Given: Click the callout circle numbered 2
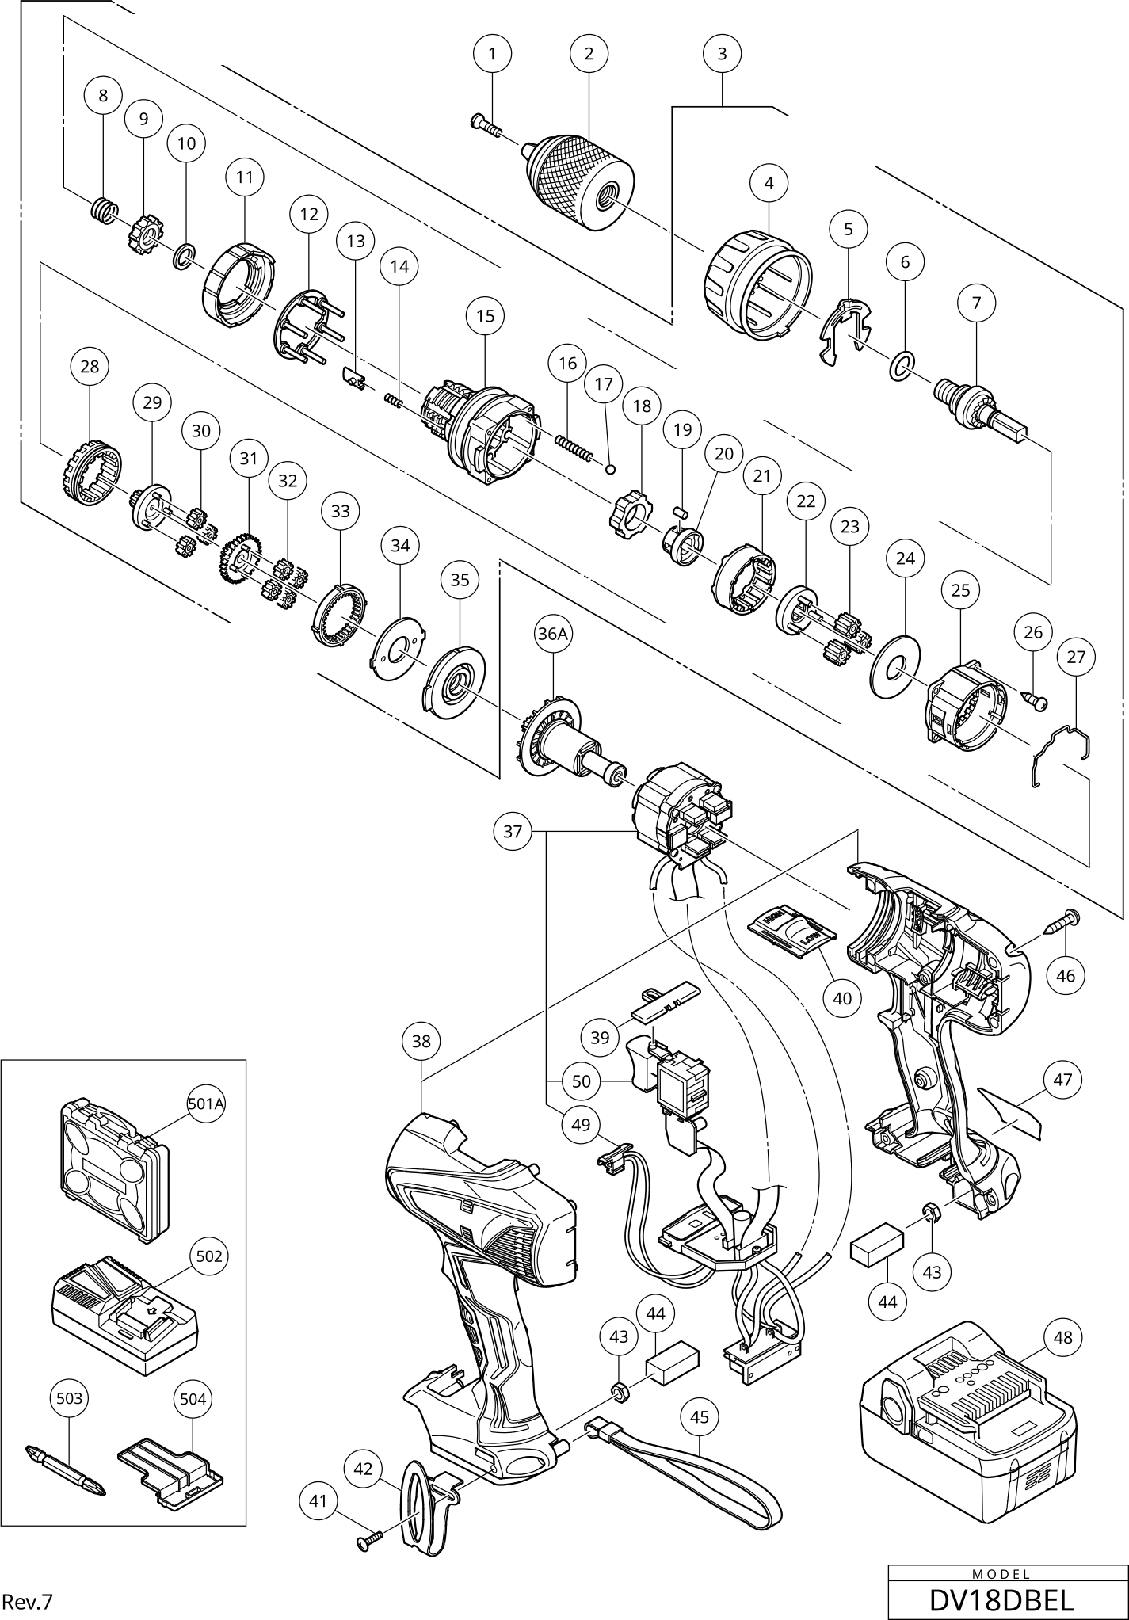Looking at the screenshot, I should tap(589, 54).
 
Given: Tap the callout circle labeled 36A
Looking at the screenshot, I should tap(554, 634).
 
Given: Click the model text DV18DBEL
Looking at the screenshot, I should tap(1001, 1599).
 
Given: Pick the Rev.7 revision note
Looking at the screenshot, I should tap(27, 1601).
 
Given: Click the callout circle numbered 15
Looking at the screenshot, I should tap(486, 316).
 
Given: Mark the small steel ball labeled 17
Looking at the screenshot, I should tap(610, 468).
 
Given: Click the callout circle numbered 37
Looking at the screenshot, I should tap(513, 831).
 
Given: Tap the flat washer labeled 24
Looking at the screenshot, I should tap(896, 665).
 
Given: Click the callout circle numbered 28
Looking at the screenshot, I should tap(90, 366).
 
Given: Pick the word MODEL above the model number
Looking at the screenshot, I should tap(1001, 1574).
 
